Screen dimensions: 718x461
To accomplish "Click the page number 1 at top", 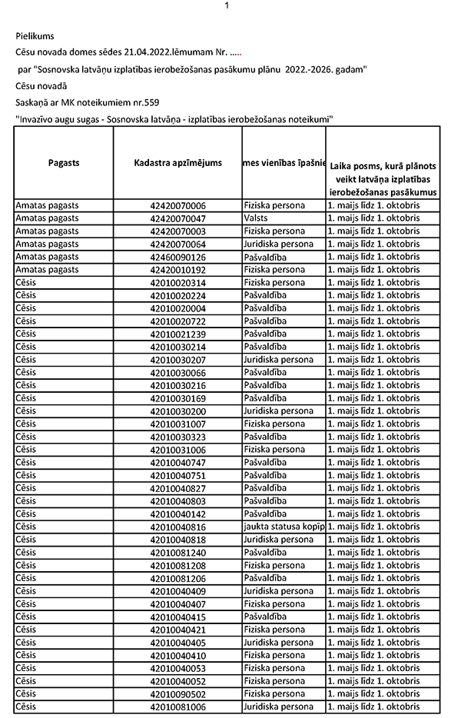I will (227, 5).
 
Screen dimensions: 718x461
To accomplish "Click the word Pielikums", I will (35, 35).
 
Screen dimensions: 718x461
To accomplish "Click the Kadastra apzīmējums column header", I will (177, 163).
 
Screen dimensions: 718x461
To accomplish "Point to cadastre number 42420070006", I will (178, 206).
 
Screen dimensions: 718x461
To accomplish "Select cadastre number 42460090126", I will (178, 257).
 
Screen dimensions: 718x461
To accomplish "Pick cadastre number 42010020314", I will (178, 283).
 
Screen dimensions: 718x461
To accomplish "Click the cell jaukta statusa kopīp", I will (284, 527).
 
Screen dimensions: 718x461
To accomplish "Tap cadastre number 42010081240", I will (178, 552).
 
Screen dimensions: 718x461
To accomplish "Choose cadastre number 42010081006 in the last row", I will (178, 706).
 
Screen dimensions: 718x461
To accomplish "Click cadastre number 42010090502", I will (178, 693).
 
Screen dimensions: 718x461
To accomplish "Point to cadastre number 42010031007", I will (178, 424).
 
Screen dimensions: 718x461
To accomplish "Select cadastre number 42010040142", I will (178, 514).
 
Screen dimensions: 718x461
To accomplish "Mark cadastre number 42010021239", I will (178, 334).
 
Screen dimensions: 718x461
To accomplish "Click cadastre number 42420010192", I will (178, 270).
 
